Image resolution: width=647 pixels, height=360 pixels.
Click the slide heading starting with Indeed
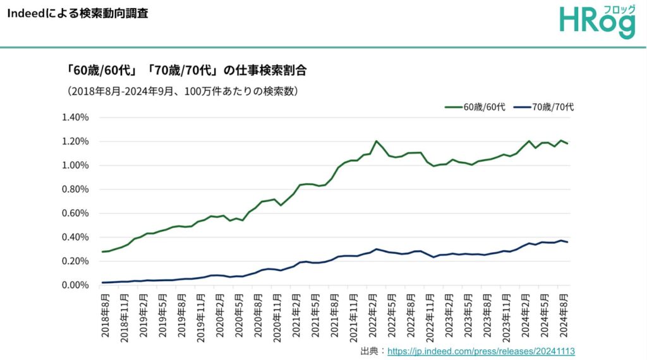coord(78,13)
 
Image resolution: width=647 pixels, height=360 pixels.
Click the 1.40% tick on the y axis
coord(75,117)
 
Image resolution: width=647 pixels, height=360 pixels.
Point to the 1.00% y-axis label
coord(75,165)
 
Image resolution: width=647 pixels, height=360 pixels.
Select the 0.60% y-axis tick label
coord(75,213)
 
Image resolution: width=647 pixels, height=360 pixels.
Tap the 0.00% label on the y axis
coord(75,285)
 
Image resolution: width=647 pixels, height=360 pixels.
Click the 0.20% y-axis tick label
coord(75,261)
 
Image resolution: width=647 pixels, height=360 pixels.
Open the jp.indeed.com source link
coord(481,351)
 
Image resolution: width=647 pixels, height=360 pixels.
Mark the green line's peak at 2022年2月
coord(377,141)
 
